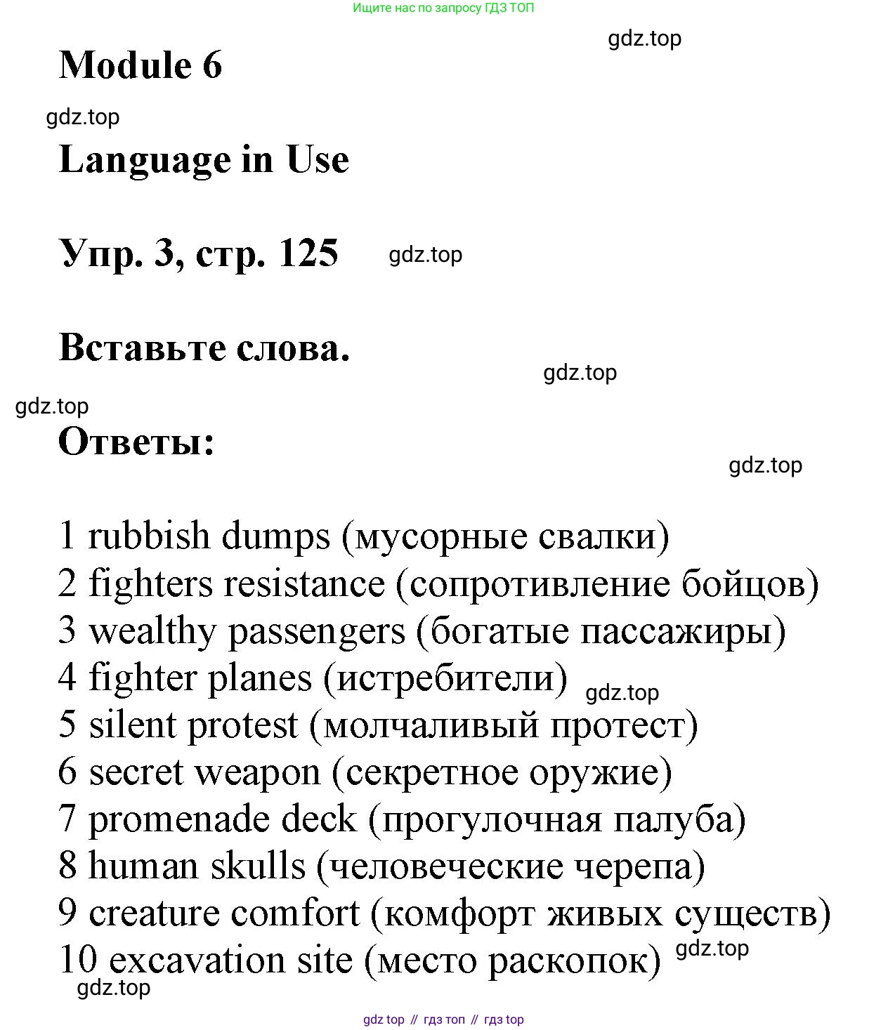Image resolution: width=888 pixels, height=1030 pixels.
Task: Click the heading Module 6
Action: (x=141, y=65)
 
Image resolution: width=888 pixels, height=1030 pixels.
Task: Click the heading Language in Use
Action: (x=204, y=159)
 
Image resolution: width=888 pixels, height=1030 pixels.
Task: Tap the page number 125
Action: (x=308, y=253)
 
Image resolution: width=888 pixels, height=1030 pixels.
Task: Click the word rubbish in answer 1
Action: (x=149, y=536)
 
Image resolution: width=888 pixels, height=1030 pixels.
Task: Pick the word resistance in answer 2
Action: (x=304, y=584)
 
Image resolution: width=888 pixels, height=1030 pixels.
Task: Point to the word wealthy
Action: (x=152, y=631)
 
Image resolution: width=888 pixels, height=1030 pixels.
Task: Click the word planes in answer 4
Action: (x=260, y=679)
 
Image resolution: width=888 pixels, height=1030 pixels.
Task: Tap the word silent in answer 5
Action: (x=132, y=725)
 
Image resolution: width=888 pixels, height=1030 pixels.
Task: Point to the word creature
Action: (x=154, y=913)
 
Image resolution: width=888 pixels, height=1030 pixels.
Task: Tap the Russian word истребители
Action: (x=445, y=679)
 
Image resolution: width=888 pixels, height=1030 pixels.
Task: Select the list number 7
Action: (x=67, y=819)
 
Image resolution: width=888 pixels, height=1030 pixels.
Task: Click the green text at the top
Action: (x=443, y=8)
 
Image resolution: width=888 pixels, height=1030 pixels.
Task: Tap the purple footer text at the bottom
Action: (x=443, y=1019)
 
